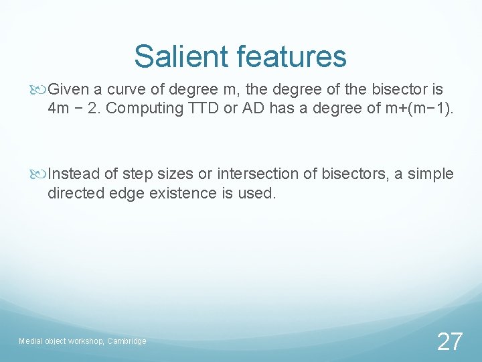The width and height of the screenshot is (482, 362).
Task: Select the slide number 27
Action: (x=449, y=342)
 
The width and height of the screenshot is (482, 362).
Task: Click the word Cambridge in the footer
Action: (x=127, y=341)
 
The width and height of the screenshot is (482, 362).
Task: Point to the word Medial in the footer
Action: (x=30, y=341)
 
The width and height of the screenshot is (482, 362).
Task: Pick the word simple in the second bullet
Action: (x=431, y=174)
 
